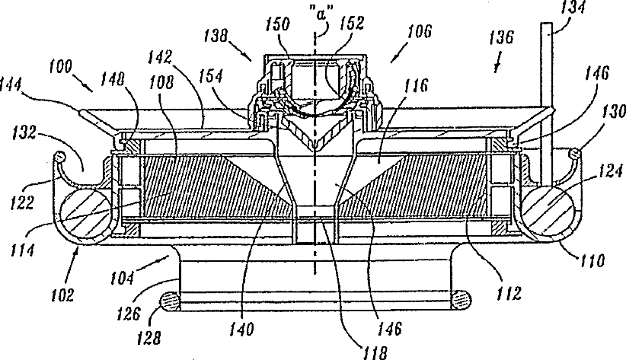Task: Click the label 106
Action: [x=417, y=31]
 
